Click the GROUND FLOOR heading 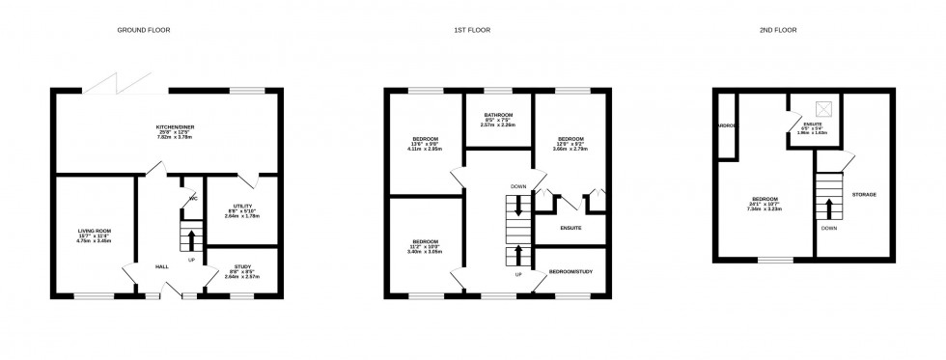click(144, 30)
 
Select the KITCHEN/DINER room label click(176, 127)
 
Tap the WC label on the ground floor click(193, 200)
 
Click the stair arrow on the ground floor click(191, 236)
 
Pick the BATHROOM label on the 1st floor click(499, 115)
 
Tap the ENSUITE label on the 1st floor click(571, 228)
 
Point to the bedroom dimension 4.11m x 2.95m click(426, 151)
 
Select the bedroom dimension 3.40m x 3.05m click(426, 251)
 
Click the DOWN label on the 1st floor click(519, 186)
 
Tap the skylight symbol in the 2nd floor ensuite click(823, 108)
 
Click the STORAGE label click(864, 195)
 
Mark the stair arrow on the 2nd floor click(828, 208)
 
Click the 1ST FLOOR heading click(473, 30)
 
